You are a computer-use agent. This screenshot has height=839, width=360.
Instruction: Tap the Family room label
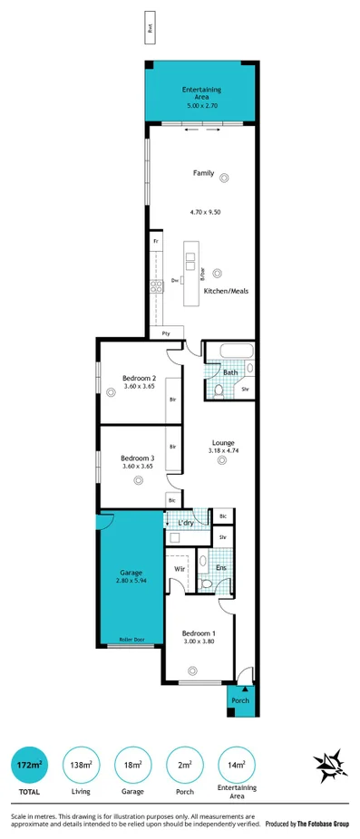[203, 172]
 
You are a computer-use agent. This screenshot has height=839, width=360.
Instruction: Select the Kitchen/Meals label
[226, 291]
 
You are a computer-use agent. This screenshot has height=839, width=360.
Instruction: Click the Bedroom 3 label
[138, 458]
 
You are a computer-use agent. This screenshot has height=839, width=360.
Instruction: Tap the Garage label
[131, 573]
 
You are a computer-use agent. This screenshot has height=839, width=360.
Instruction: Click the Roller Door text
[131, 640]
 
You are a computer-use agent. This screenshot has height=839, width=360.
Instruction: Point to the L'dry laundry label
[186, 523]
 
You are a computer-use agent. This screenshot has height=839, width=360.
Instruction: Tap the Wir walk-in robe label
[180, 570]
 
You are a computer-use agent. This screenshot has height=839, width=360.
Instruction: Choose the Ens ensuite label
[220, 568]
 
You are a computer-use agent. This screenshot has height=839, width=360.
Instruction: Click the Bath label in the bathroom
[230, 372]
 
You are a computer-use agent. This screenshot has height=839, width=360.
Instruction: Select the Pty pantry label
[167, 333]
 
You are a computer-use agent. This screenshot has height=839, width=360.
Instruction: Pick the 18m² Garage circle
[132, 767]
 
